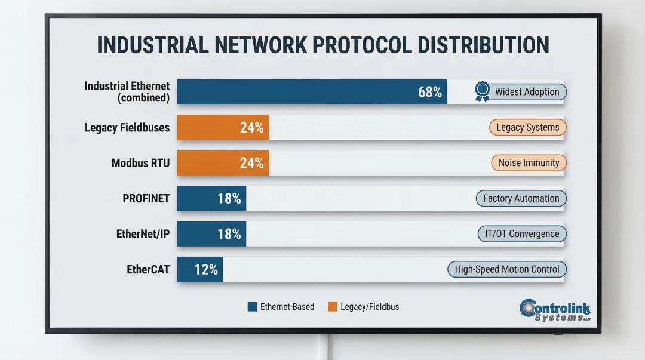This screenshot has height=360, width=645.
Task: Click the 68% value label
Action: pos(430,92)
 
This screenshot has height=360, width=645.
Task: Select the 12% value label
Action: pos(206,269)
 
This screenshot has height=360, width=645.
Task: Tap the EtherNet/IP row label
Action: pos(143,234)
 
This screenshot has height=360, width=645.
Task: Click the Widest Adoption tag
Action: pos(527,92)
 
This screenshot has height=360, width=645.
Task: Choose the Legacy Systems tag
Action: pos(527,127)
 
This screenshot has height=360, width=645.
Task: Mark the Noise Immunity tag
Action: pos(529,163)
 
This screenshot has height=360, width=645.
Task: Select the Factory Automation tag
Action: pos(521,198)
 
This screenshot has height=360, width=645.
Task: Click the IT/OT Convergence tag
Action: pos(521,234)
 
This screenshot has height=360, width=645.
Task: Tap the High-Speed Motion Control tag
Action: pos(506,269)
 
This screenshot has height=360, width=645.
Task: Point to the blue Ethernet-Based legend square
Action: pos(252,307)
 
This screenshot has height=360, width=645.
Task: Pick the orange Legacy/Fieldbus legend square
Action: pos(333,307)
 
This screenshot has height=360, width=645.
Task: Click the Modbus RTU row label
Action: pos(140,163)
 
